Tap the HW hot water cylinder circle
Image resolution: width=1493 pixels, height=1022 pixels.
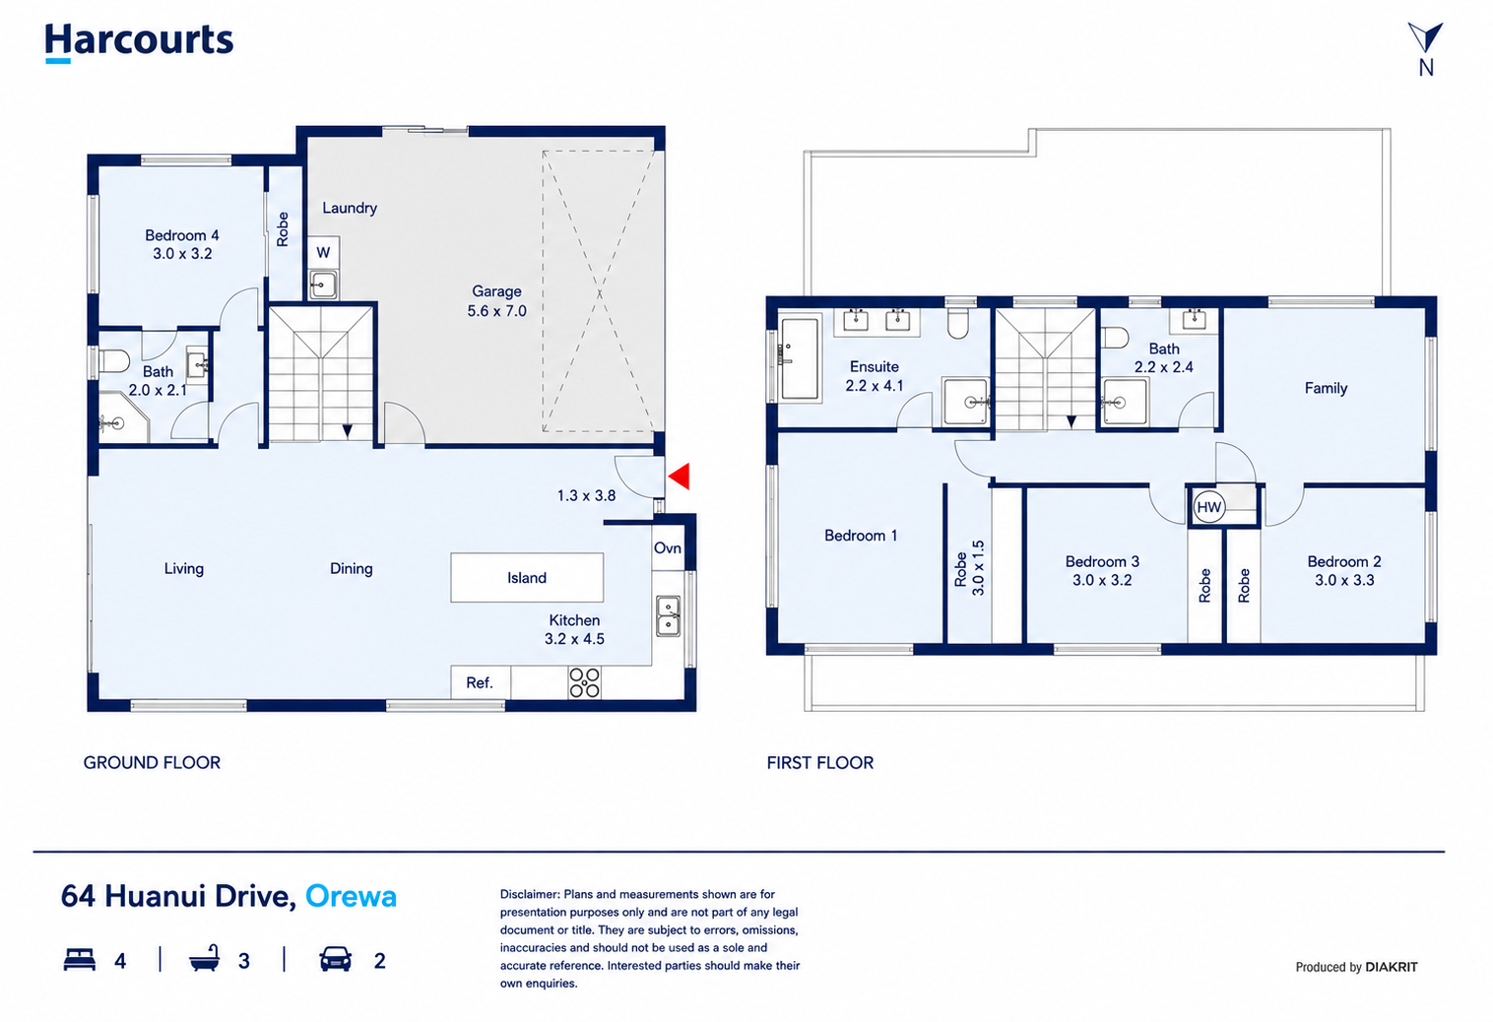[1208, 507]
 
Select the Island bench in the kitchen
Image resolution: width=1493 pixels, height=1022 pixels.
[527, 578]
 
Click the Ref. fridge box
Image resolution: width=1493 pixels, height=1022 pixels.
[481, 682]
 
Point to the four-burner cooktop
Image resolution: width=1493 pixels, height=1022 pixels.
[585, 683]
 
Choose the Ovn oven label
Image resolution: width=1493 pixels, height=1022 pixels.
[667, 547]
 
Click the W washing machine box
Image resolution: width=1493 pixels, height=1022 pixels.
[323, 252]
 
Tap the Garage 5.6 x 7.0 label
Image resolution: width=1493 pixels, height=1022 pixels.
[496, 301]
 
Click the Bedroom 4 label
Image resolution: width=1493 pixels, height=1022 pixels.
[182, 235]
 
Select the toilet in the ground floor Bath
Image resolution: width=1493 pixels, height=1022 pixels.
[114, 361]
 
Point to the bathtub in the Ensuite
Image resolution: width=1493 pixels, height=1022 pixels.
[799, 359]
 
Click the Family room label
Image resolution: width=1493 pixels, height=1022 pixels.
[1326, 388]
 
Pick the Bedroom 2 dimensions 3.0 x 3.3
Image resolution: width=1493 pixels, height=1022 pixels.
[1344, 580]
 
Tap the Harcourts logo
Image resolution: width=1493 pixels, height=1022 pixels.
[139, 42]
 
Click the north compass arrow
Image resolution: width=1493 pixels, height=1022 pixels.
[1426, 36]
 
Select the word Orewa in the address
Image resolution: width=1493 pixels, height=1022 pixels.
[351, 896]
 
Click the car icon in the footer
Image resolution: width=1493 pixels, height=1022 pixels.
[335, 959]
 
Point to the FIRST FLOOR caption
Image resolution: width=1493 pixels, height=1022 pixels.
[819, 763]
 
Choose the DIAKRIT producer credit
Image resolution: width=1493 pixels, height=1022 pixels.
[1391, 967]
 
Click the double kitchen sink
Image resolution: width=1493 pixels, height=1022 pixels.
[668, 616]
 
